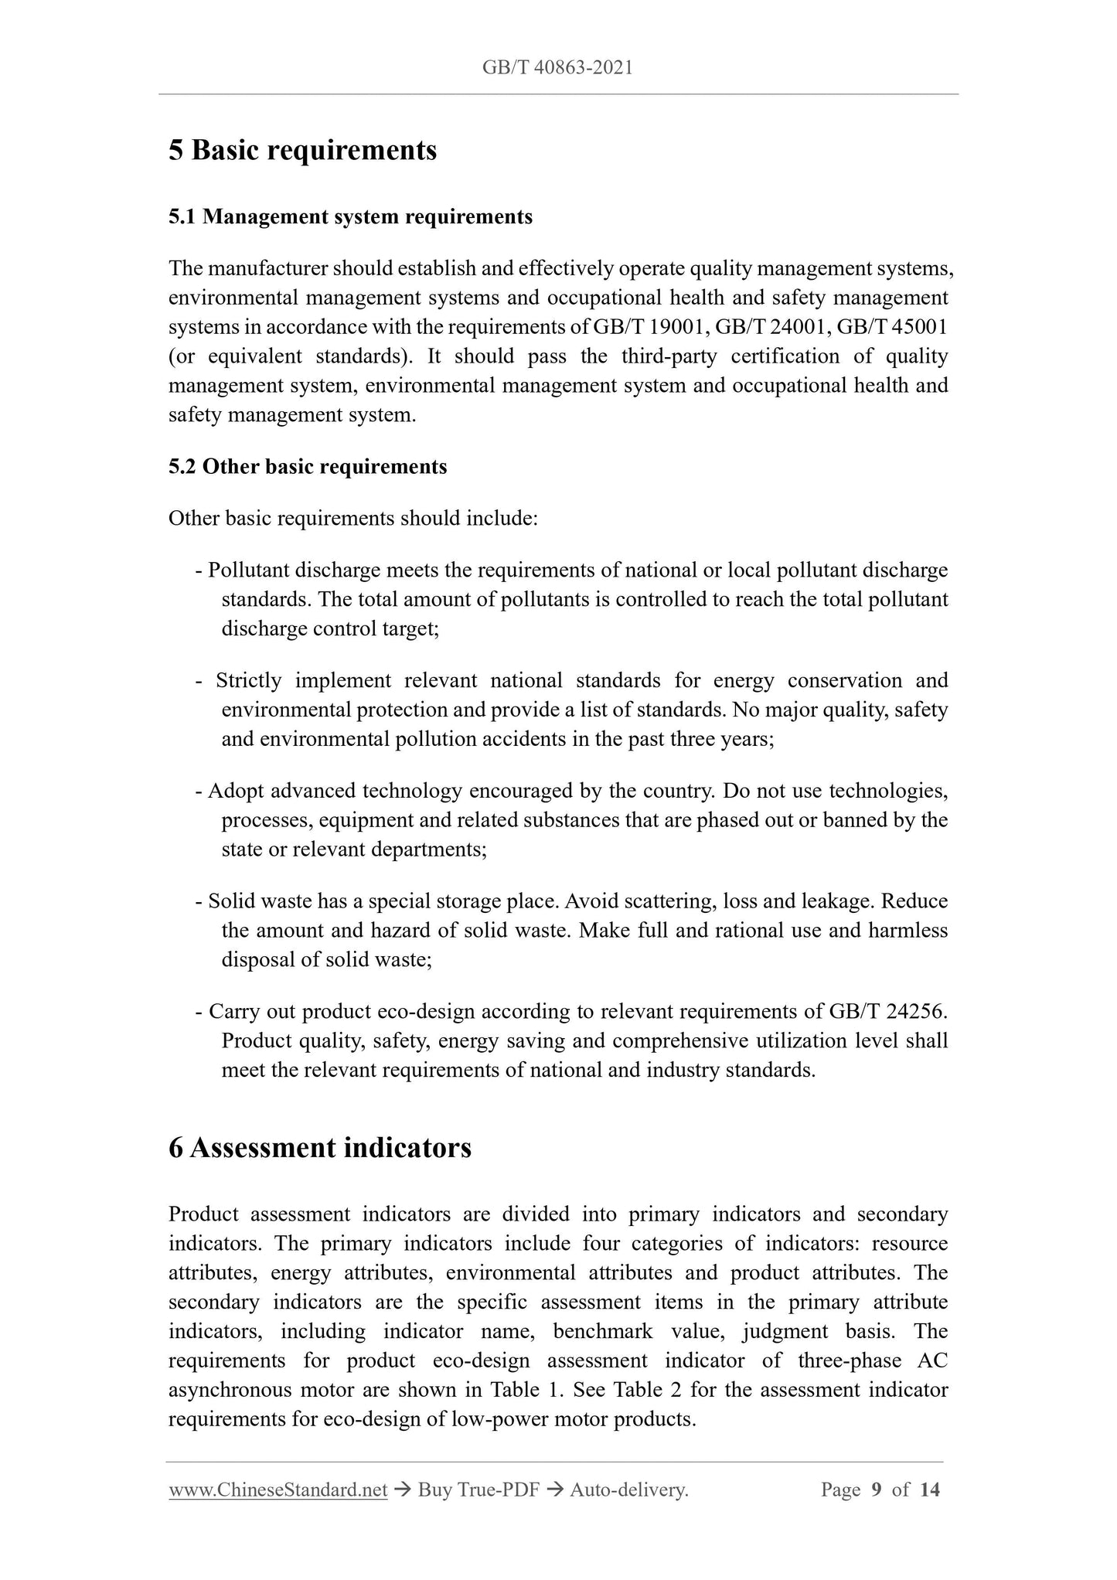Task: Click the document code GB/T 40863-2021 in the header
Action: coord(557,68)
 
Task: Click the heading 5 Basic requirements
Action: coord(302,150)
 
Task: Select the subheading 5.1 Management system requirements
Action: coord(350,217)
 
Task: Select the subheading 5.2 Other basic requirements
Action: coord(308,467)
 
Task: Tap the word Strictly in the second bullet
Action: coord(249,681)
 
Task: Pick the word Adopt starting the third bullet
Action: coord(236,792)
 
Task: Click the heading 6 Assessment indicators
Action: coord(319,1148)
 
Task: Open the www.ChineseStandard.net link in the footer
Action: coord(278,1490)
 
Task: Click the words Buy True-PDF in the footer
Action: coord(478,1490)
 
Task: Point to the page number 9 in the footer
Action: coord(876,1490)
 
